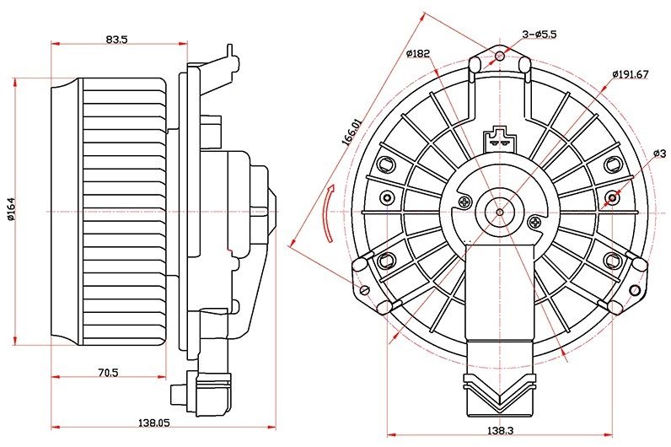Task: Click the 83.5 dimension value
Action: (x=117, y=40)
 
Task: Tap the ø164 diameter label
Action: (x=11, y=209)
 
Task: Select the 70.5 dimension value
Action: (x=108, y=373)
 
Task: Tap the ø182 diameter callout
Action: (x=417, y=53)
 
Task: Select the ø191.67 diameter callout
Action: (x=631, y=74)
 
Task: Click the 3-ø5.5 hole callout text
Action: (x=539, y=35)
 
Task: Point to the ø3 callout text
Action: (x=660, y=153)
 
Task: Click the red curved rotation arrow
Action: (x=328, y=213)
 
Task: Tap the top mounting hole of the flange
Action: (x=499, y=56)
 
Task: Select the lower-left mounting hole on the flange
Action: (x=365, y=289)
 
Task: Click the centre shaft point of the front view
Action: (x=500, y=212)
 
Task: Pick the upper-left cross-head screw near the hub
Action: (x=465, y=202)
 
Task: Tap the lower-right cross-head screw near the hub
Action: (x=534, y=222)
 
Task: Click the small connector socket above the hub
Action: (x=499, y=139)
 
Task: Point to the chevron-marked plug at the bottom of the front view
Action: (x=499, y=393)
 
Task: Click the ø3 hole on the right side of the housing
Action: (x=613, y=197)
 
